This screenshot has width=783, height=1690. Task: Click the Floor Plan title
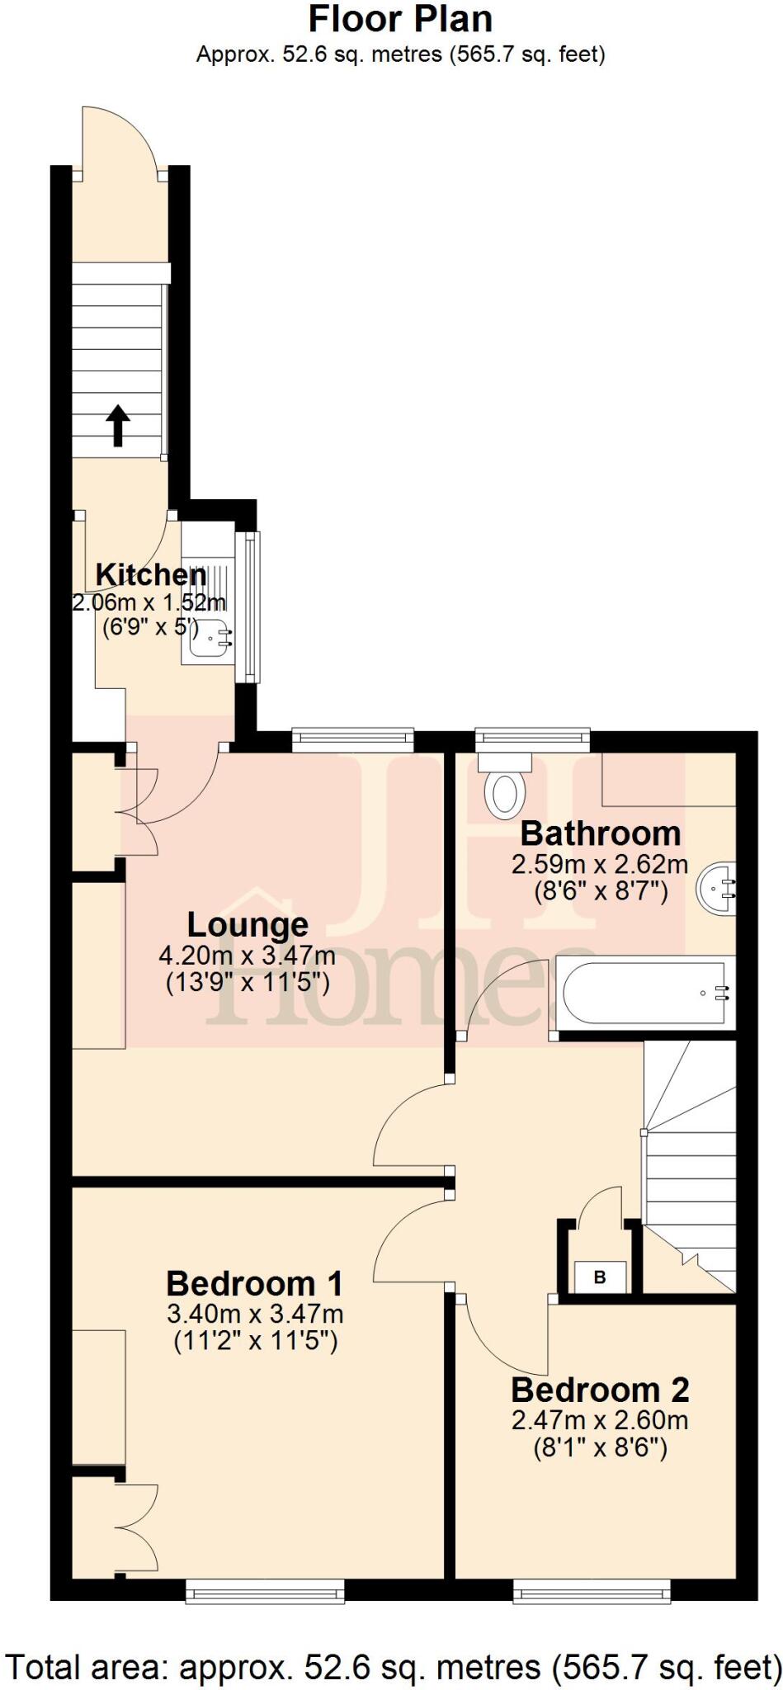tap(400, 18)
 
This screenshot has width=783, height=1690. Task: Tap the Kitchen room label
tap(151, 574)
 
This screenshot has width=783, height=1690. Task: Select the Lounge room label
tap(248, 925)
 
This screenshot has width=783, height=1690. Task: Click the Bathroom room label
tap(601, 833)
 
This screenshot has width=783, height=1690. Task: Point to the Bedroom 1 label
tap(254, 1284)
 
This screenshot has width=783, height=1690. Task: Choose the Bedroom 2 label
tap(600, 1390)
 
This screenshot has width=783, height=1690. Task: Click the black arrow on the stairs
tap(118, 425)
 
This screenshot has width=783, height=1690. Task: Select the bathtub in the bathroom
tap(645, 993)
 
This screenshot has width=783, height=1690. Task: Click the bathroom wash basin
tap(717, 888)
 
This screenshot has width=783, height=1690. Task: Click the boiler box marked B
tap(600, 1277)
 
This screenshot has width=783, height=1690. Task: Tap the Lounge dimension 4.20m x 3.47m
tap(248, 956)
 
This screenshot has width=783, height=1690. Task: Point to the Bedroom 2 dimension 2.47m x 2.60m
tap(600, 1420)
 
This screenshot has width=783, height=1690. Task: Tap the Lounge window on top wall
tap(352, 739)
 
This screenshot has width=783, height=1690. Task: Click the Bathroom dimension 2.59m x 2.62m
tap(600, 865)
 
